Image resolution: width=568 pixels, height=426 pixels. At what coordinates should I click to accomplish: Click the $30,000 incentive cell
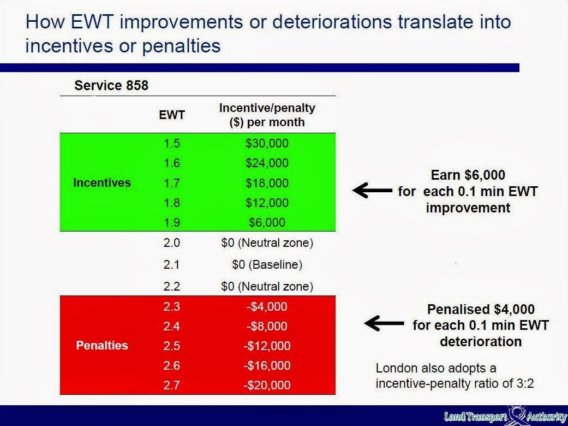267,143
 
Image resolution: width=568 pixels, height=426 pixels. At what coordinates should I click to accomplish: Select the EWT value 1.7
172,183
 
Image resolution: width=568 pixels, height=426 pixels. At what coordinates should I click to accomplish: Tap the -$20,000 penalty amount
267,384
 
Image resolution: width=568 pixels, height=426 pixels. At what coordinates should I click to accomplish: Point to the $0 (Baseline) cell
267,265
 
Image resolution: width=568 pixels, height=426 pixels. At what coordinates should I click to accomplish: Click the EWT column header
172,115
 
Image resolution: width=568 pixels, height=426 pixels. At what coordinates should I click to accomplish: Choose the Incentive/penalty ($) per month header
267,115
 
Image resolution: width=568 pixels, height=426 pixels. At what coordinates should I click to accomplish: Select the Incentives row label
102,182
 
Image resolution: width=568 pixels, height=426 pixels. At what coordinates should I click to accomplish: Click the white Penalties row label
102,345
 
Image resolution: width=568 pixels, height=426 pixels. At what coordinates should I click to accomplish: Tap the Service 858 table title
111,85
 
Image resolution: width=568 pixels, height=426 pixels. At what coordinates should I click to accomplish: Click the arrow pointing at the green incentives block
372,190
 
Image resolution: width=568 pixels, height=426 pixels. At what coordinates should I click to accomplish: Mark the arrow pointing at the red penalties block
384,323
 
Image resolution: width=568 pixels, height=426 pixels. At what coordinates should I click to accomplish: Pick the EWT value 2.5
172,345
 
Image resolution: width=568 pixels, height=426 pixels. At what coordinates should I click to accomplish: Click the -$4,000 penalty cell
267,306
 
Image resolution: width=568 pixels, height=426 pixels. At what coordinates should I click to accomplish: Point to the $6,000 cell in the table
267,222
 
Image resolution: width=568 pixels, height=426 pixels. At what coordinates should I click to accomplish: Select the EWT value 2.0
171,242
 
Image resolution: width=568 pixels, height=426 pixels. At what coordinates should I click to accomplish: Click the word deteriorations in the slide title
332,21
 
